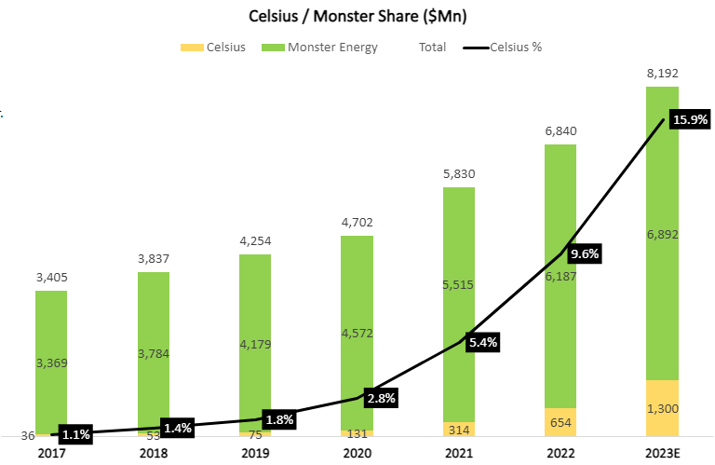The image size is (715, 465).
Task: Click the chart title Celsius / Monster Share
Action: [357, 16]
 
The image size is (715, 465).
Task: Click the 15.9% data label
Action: [689, 120]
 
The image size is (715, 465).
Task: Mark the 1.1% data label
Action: [77, 433]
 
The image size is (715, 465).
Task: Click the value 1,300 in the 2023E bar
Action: [662, 408]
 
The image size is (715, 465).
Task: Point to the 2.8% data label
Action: [383, 398]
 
